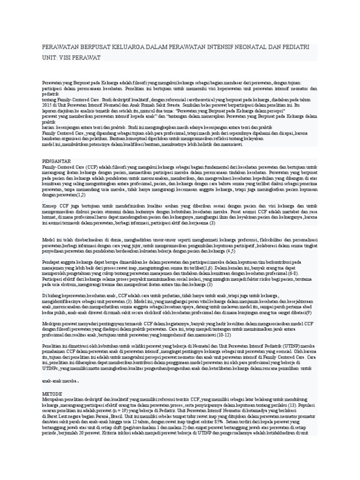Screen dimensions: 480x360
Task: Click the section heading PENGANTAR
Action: [x=57, y=161]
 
